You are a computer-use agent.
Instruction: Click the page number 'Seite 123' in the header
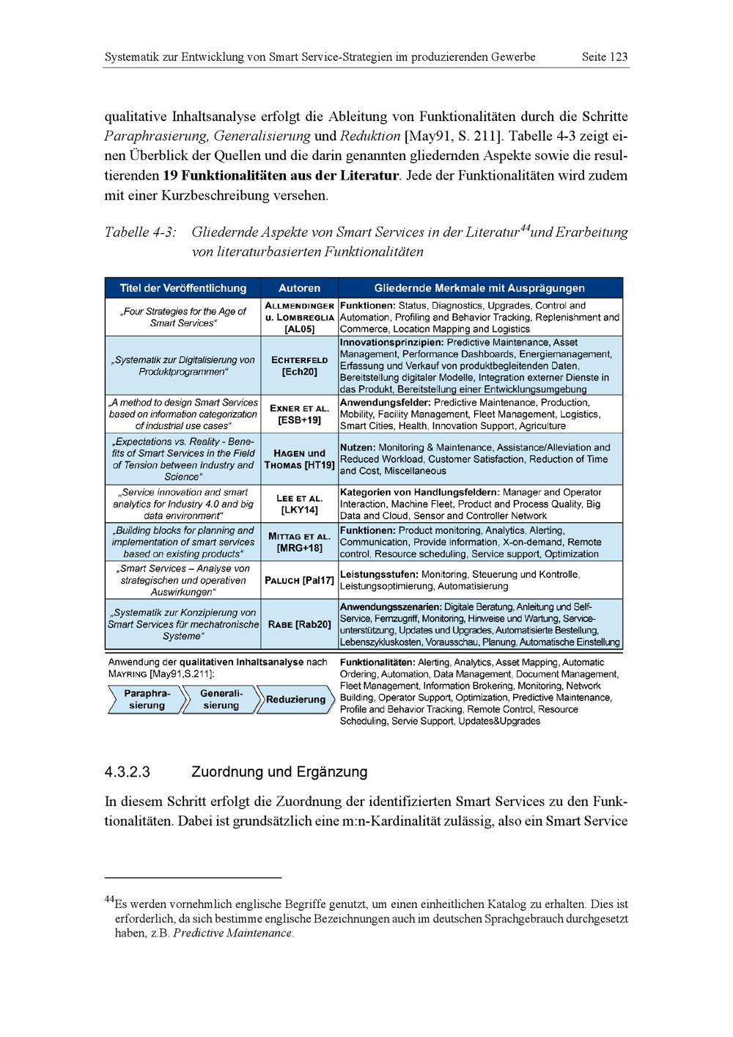[x=604, y=56]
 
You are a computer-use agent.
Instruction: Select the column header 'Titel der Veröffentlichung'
[x=183, y=288]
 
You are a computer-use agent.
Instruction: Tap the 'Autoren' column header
[x=299, y=288]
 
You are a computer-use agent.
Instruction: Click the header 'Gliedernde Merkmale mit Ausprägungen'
[x=479, y=288]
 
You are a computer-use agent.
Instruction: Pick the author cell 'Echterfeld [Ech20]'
[x=299, y=366]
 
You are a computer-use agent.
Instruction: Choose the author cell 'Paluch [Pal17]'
[x=299, y=580]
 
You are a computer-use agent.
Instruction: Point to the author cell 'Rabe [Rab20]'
[x=299, y=624]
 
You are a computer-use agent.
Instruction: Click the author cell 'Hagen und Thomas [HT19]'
[x=299, y=459]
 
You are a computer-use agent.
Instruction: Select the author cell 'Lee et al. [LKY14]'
[x=299, y=504]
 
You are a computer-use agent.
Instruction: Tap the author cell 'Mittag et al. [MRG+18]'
[x=299, y=542]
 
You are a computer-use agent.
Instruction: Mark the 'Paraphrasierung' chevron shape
[x=147, y=700]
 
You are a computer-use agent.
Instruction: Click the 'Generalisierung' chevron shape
[x=221, y=700]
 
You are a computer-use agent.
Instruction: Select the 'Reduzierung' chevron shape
[x=295, y=700]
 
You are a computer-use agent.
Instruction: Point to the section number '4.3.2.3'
[x=128, y=772]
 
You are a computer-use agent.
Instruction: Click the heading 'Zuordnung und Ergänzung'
[x=279, y=772]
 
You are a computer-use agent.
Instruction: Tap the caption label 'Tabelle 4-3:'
[x=141, y=232]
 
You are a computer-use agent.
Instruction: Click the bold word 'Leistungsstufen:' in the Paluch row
[x=379, y=574]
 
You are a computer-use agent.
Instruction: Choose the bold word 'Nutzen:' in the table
[x=358, y=447]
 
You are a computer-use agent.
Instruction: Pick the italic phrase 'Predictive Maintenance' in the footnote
[x=233, y=934]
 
